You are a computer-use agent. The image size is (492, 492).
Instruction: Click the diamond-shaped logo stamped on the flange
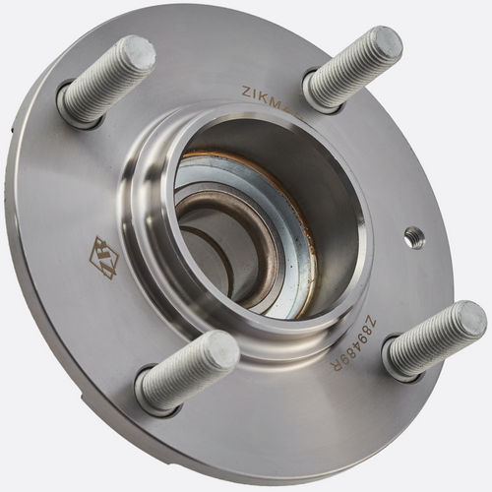click(103, 256)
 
